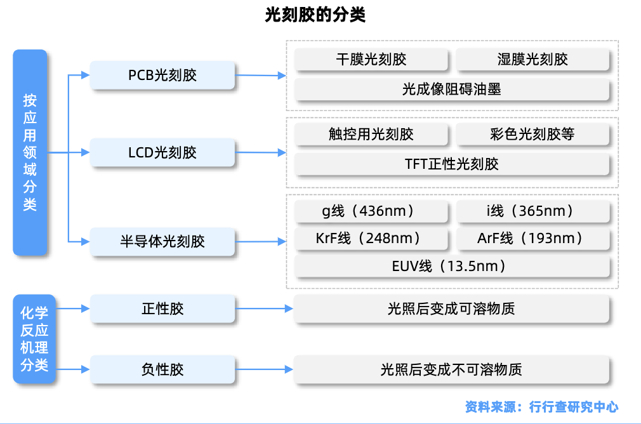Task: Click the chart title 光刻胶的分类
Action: pyautogui.click(x=315, y=15)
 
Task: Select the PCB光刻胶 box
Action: pyautogui.click(x=162, y=75)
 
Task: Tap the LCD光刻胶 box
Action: pyautogui.click(x=162, y=152)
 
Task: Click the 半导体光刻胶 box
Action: pyautogui.click(x=162, y=241)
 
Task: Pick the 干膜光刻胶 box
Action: pyautogui.click(x=371, y=59)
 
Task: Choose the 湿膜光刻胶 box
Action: pyautogui.click(x=532, y=59)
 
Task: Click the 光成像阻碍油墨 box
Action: pyautogui.click(x=452, y=89)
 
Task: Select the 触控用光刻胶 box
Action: pyautogui.click(x=371, y=134)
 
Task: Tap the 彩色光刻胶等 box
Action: pyautogui.click(x=532, y=134)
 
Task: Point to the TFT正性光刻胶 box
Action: pyautogui.click(x=452, y=164)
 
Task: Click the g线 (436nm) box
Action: pyautogui.click(x=371, y=211)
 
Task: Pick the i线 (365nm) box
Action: pyautogui.click(x=532, y=211)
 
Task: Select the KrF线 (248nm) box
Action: pyautogui.click(x=371, y=239)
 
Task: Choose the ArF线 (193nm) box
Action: pyautogui.click(x=532, y=239)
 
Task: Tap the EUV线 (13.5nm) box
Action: pyautogui.click(x=452, y=266)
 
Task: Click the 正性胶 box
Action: pyautogui.click(x=162, y=308)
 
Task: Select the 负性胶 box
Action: pyautogui.click(x=162, y=369)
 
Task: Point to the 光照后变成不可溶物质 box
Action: pyautogui.click(x=451, y=369)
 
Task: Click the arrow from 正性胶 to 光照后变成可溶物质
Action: pyautogui.click(x=264, y=308)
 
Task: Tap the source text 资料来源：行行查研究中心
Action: pyautogui.click(x=541, y=407)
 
